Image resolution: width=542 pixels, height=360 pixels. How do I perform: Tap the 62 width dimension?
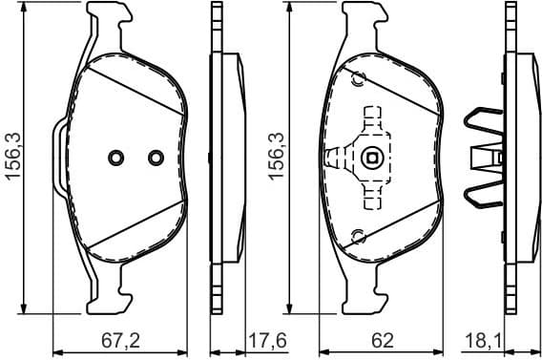pos(382,340)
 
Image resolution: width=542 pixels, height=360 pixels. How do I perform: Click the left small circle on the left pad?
pos(116,158)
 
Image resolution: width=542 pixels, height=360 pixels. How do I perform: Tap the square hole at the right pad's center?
pos(373,158)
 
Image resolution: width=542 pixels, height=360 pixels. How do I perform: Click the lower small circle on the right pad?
pos(357,236)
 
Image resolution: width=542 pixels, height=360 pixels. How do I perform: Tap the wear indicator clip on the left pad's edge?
pos(59,158)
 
